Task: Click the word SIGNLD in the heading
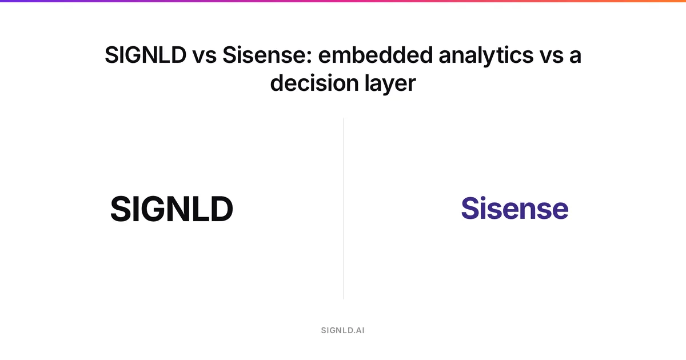(x=145, y=55)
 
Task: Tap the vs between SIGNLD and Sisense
(x=204, y=57)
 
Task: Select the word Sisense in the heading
(x=264, y=55)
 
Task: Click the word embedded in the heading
(x=375, y=55)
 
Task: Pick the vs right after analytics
(x=552, y=57)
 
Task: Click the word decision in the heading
(x=314, y=83)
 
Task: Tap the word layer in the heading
(x=390, y=85)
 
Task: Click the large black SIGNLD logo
(x=172, y=209)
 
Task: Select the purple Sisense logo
(x=515, y=208)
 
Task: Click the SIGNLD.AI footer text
(x=342, y=330)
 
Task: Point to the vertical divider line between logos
(x=344, y=209)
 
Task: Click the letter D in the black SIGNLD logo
(x=222, y=209)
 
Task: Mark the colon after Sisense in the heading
(x=309, y=57)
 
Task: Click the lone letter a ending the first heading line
(x=576, y=57)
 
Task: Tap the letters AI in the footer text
(x=361, y=330)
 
